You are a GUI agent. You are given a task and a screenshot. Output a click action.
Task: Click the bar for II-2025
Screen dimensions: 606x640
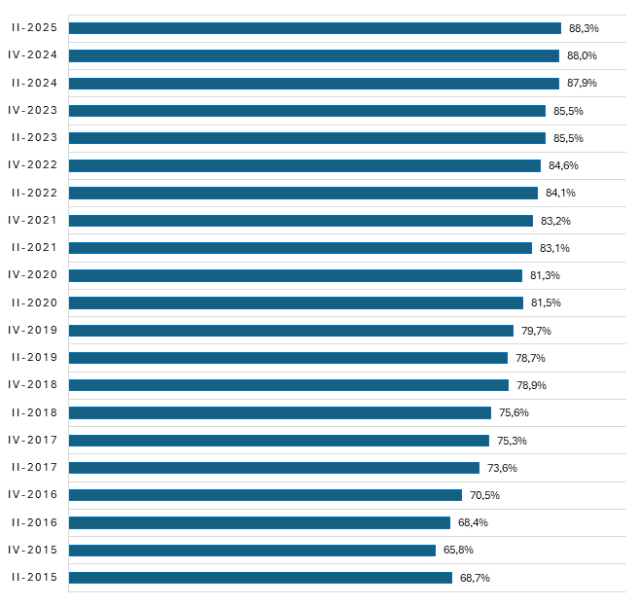click(x=314, y=28)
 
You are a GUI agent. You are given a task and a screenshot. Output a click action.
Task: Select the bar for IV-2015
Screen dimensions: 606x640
click(x=252, y=551)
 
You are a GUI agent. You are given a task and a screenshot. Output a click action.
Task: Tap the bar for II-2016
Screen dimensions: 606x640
click(x=259, y=523)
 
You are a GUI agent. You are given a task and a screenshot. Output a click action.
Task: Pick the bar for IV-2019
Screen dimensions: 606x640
click(x=291, y=331)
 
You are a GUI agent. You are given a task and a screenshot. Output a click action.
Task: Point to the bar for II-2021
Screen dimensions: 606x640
click(x=300, y=248)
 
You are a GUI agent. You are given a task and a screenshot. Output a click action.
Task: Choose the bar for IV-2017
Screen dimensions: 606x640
click(x=278, y=441)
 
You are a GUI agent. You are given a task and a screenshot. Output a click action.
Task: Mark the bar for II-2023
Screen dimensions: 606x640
click(x=306, y=138)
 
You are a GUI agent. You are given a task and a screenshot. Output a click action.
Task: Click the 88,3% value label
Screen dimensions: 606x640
click(x=584, y=28)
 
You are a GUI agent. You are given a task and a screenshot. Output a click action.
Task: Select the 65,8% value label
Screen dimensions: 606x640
click(x=458, y=551)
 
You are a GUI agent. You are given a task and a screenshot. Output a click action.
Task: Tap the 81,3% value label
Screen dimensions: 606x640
click(x=545, y=275)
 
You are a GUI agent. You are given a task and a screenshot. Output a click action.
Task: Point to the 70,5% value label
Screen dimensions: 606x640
click(x=484, y=495)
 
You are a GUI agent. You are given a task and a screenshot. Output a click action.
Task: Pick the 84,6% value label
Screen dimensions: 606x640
click(x=563, y=165)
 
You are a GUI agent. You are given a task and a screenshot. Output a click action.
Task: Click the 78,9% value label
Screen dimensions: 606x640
click(x=531, y=385)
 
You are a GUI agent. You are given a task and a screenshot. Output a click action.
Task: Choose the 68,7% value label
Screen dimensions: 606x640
click(x=475, y=578)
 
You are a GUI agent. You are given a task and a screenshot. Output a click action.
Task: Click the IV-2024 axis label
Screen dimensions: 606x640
click(x=33, y=55)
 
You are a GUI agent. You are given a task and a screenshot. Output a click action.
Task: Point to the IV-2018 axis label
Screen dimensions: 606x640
click(x=33, y=385)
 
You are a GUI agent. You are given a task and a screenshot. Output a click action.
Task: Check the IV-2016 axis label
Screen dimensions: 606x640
click(x=33, y=495)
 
